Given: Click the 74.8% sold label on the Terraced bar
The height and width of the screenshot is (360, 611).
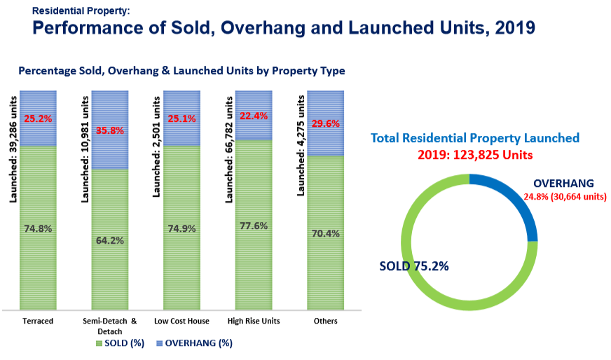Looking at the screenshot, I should coord(38,228).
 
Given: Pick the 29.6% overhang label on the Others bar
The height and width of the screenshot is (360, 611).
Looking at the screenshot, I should coord(326,124).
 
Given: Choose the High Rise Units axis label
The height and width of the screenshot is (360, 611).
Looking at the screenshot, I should coord(254,321).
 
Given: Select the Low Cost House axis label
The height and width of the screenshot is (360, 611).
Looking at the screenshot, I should coord(181,321).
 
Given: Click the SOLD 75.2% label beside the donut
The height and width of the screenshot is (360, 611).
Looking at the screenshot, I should coord(413,266).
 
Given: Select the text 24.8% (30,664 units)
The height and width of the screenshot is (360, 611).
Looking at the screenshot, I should coord(564,198).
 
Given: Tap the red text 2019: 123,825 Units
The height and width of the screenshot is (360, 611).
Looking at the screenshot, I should coord(475,154).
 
